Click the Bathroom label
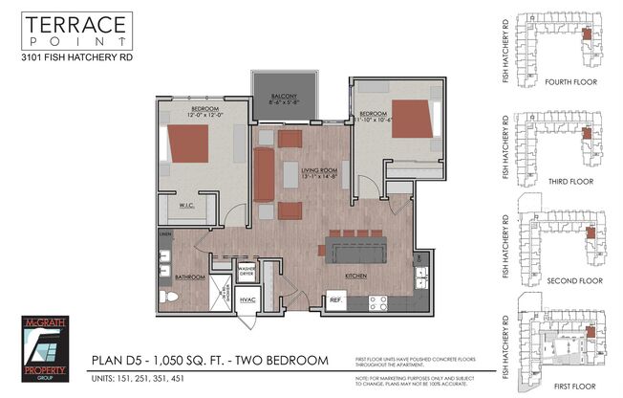click(189, 276)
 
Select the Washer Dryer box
click(246, 271)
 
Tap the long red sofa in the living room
click(264, 174)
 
